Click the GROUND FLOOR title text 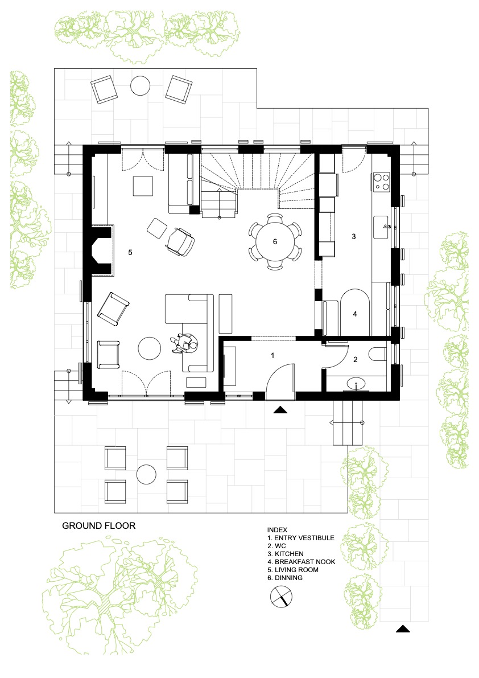[x=99, y=525]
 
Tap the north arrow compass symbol [x=281, y=596]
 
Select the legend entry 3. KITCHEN [x=285, y=554]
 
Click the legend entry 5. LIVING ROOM [x=293, y=570]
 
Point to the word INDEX [x=277, y=529]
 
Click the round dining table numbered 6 [x=275, y=242]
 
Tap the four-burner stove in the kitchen [x=381, y=181]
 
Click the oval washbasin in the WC [x=356, y=383]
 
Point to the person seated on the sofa [x=185, y=344]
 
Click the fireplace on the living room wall [x=102, y=250]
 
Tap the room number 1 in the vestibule [x=272, y=355]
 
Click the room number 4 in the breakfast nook [x=355, y=314]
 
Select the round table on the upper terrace [x=141, y=85]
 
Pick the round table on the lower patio [x=146, y=475]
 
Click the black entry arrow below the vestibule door [x=281, y=410]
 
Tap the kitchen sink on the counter [x=382, y=227]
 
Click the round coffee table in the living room [x=149, y=348]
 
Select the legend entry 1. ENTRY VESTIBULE [x=300, y=538]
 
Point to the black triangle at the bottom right [x=403, y=628]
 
